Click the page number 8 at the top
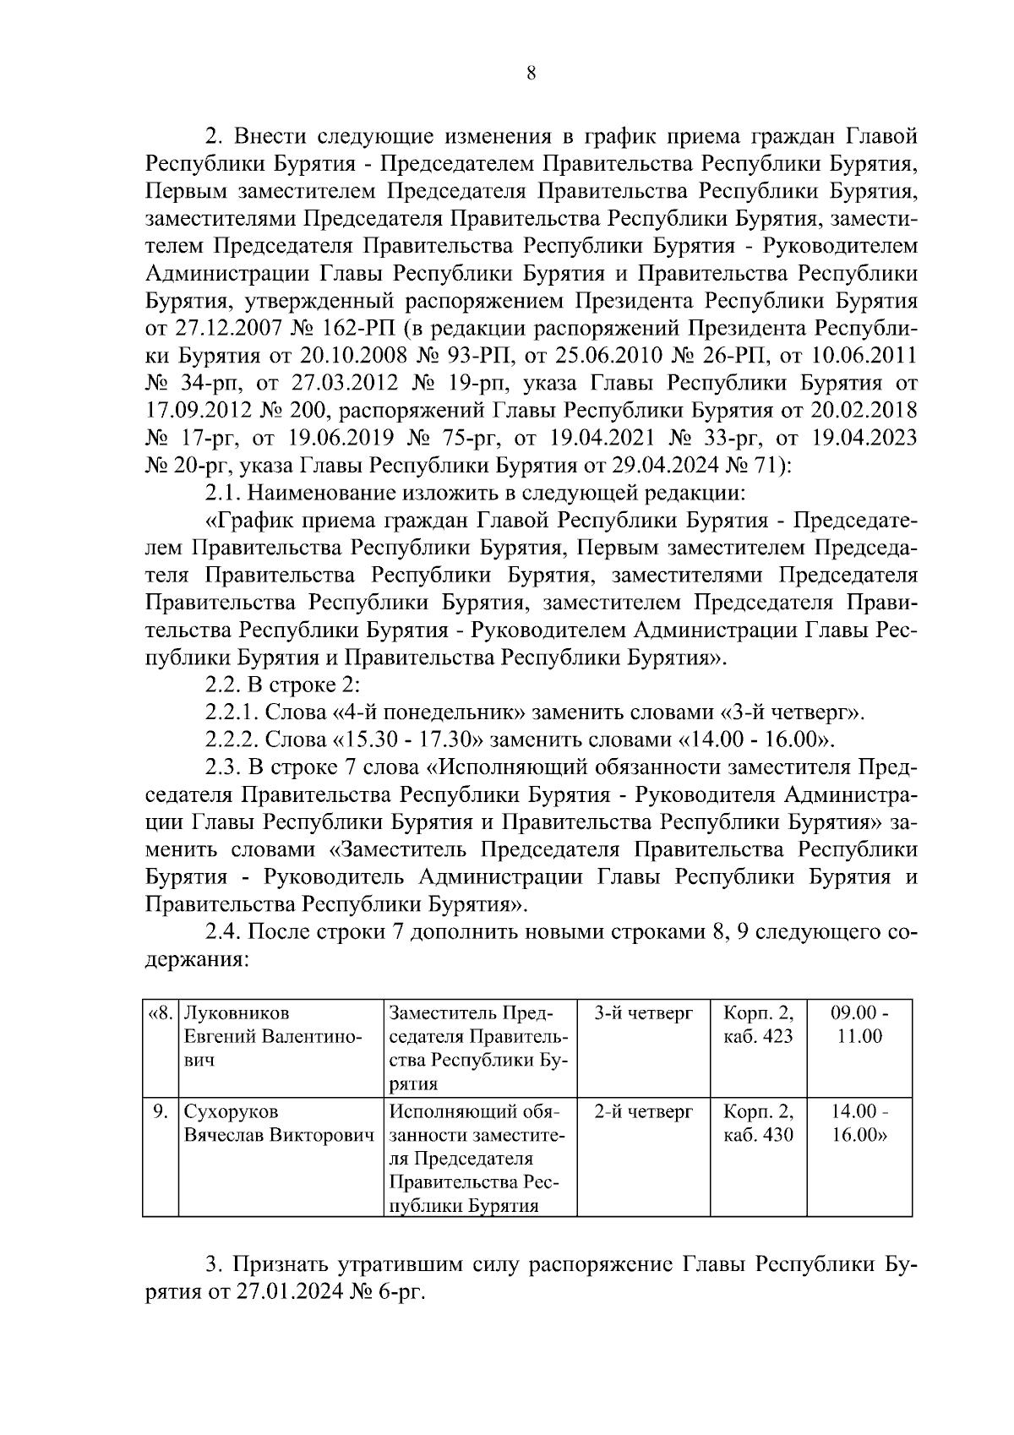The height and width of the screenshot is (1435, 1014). (531, 73)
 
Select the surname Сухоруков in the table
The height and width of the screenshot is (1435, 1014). (231, 1111)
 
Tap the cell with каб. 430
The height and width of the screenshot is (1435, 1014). (758, 1134)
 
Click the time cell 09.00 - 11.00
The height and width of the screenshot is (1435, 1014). (859, 1024)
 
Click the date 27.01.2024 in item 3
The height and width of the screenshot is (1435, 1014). (286, 1293)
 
